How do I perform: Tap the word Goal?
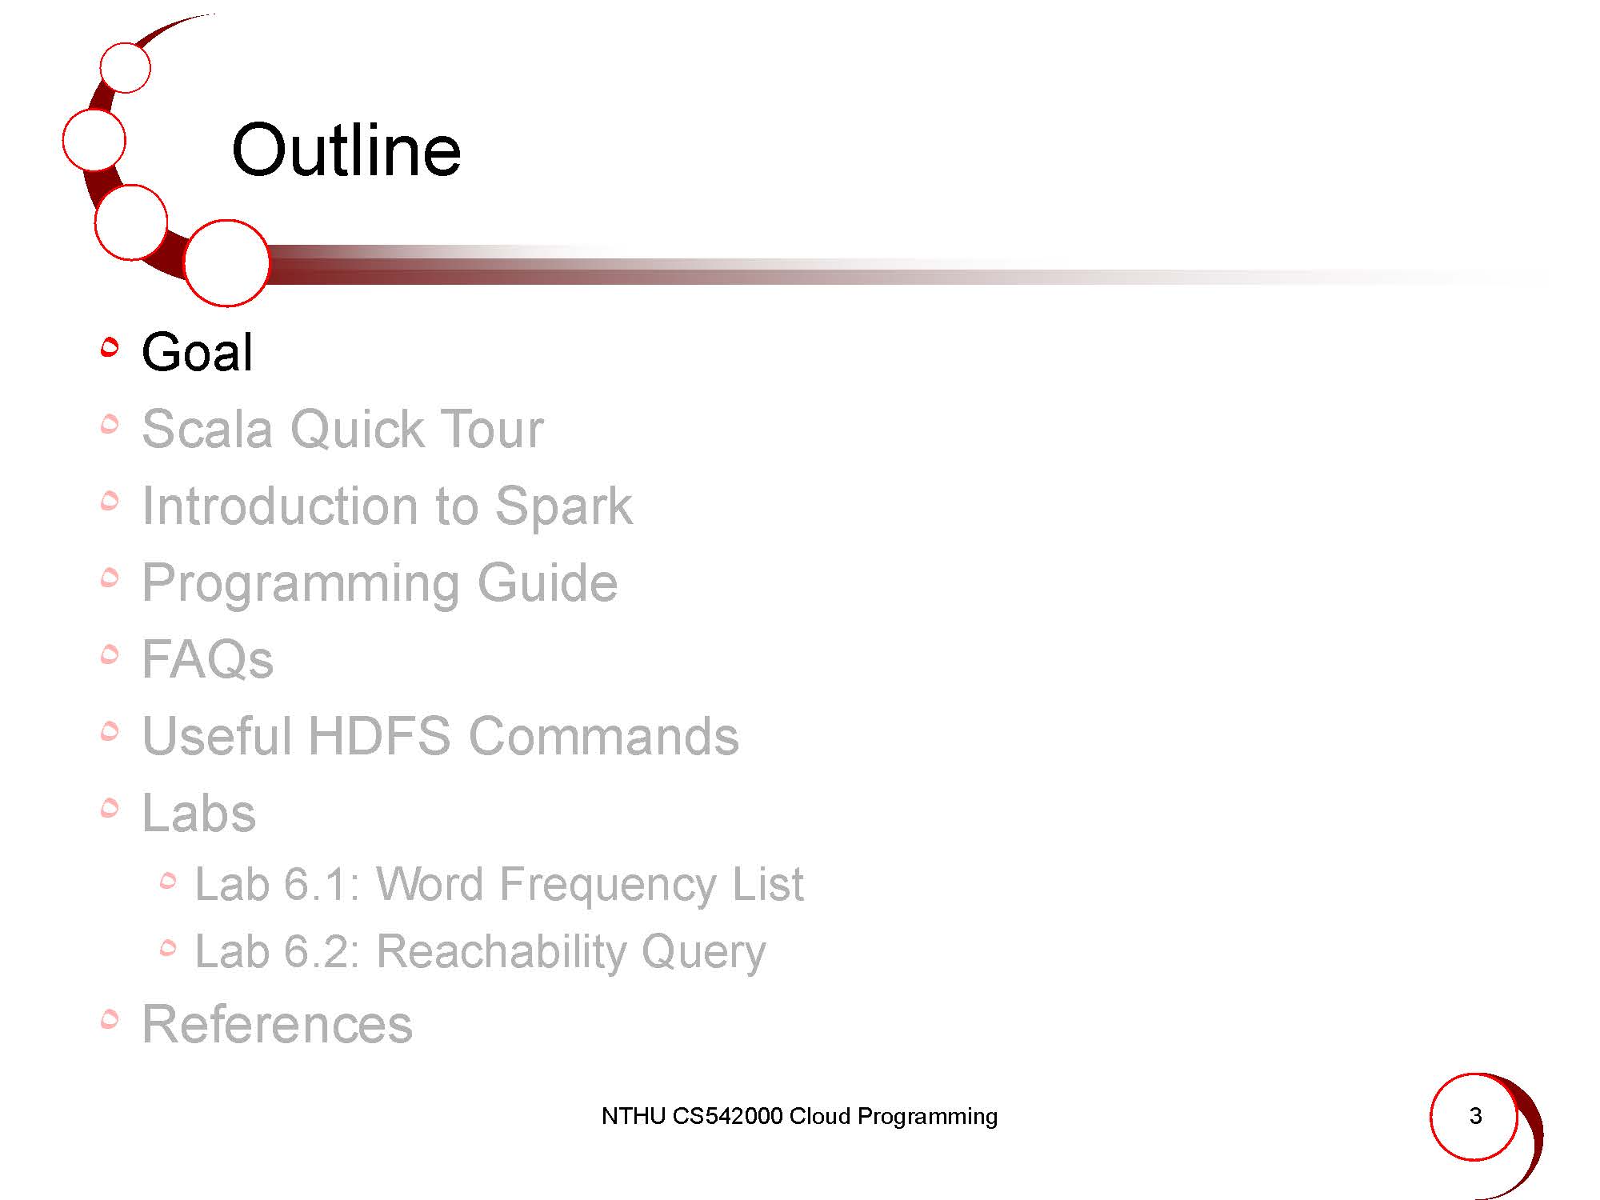197,352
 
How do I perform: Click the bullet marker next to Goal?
110,346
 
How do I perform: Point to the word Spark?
563,507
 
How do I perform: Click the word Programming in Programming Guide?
301,584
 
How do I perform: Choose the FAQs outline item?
207,659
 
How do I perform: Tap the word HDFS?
379,736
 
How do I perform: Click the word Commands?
604,736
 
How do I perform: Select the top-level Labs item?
198,813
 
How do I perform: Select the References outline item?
277,1024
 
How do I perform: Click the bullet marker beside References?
110,1018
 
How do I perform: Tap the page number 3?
1476,1116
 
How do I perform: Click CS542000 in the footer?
727,1116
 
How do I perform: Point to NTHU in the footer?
634,1116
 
